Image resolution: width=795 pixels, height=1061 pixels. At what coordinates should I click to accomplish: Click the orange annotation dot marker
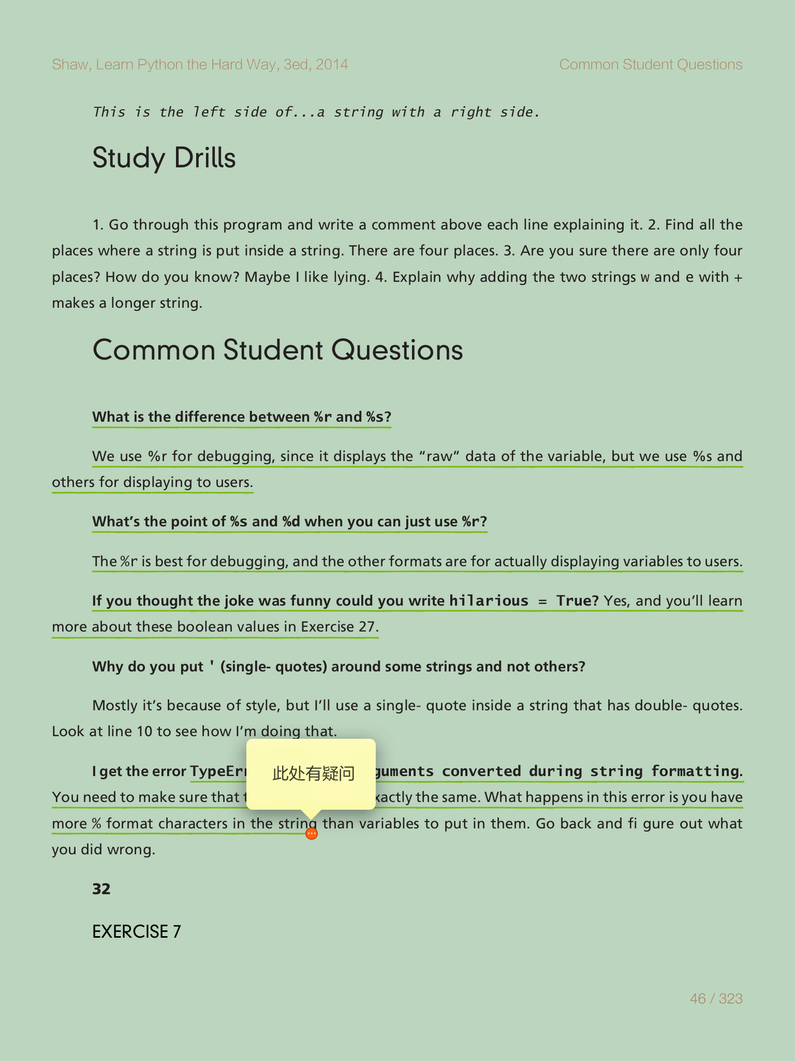coord(312,834)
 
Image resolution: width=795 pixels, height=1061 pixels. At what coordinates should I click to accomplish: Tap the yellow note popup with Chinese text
coord(311,773)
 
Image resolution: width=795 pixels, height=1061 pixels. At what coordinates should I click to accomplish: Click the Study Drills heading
coord(164,158)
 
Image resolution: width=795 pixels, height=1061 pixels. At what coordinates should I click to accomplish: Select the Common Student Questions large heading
coord(277,350)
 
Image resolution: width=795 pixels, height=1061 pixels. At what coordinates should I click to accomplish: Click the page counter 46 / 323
coord(716,998)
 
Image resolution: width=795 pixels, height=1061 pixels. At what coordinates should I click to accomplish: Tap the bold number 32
coord(101,889)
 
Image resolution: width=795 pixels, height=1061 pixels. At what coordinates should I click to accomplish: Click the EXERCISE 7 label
coord(137,931)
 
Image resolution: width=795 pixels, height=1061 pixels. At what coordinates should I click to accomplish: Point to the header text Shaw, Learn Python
coord(200,64)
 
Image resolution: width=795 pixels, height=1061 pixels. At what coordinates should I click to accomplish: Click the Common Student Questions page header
coord(651,64)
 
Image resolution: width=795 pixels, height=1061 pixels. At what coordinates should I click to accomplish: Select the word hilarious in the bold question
coord(489,601)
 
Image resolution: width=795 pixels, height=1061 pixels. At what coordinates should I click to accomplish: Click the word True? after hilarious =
coord(577,601)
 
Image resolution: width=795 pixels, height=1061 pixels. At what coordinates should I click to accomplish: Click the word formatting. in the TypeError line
coord(697,771)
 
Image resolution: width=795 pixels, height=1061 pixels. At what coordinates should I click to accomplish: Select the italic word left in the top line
coord(209,112)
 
